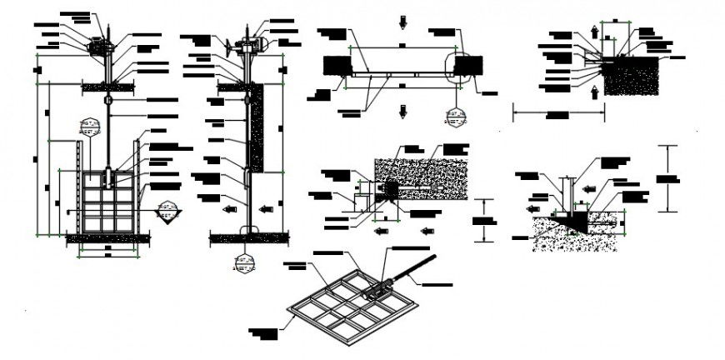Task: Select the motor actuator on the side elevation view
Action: click(x=250, y=43)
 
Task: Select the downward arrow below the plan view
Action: click(x=403, y=111)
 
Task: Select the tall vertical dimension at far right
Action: click(x=667, y=177)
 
